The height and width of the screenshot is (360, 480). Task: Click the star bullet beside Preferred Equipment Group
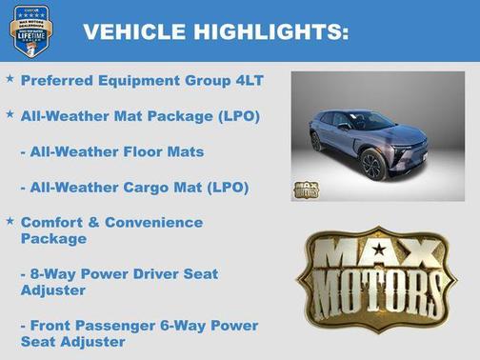click(x=10, y=80)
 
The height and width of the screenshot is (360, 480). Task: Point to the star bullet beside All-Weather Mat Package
click(x=10, y=114)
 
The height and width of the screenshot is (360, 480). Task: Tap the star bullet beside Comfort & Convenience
click(x=10, y=221)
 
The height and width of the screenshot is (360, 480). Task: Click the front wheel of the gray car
click(x=372, y=164)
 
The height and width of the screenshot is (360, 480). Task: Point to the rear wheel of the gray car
click(x=316, y=141)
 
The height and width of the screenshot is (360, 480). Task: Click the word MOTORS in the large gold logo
click(x=380, y=283)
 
